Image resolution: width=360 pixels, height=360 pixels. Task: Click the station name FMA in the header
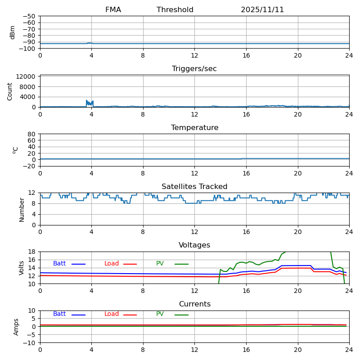tap(113, 10)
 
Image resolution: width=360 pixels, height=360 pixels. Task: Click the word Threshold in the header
tap(175, 10)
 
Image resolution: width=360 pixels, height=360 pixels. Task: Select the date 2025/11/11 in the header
tap(262, 10)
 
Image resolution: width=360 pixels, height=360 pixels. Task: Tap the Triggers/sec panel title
tap(194, 69)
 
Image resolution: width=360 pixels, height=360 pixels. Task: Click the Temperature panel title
tap(194, 128)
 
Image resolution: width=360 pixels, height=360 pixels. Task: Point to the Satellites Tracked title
tap(194, 187)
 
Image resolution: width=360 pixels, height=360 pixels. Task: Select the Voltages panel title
tap(194, 245)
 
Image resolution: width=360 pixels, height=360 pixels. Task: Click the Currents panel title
tap(194, 304)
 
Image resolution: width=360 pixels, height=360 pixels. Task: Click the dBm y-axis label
tap(13, 32)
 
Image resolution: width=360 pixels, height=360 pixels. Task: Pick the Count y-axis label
tap(10, 91)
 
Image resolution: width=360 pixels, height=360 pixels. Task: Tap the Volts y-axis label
tap(22, 268)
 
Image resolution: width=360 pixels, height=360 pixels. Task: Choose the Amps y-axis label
tap(16, 327)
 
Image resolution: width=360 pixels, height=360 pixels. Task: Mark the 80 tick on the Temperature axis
tap(32, 134)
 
